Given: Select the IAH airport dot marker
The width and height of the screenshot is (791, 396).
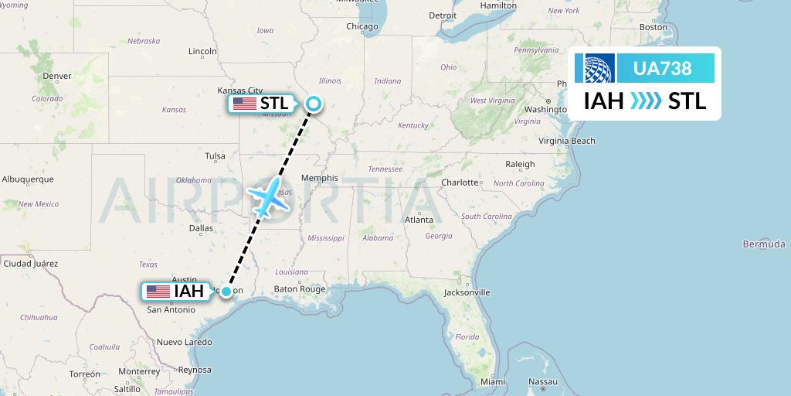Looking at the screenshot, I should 226,292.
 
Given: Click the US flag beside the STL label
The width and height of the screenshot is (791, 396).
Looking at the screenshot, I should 244,104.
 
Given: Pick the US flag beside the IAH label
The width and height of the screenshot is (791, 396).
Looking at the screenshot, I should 158,292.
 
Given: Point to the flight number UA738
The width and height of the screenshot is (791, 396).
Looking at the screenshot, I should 662,69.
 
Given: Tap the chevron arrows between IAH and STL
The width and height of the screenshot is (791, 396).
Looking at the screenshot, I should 646,101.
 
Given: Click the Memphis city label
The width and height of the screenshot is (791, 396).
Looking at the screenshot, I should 320,178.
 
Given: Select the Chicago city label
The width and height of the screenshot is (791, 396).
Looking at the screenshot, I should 362,26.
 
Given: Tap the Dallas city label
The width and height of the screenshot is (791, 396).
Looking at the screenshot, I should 201,228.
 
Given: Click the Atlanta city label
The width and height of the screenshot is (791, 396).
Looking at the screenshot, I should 419,220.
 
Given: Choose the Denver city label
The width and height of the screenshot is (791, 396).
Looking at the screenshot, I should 57,76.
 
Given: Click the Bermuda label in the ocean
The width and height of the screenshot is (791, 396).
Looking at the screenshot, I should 763,244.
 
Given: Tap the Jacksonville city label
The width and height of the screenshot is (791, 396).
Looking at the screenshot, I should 467,292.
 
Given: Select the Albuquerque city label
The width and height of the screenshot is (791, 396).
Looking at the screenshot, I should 28,179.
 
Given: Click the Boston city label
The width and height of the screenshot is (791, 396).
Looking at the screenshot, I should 654,27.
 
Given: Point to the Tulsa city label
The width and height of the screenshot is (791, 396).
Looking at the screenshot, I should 215,155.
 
